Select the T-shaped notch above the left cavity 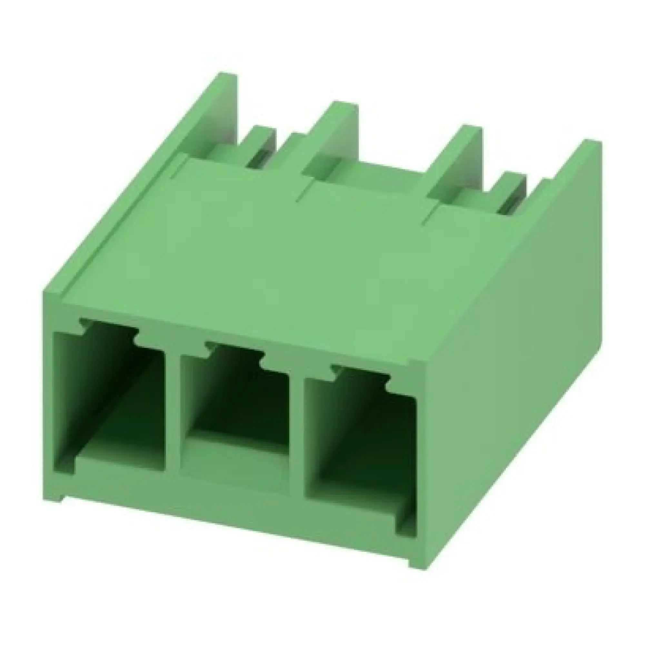click(x=108, y=325)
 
